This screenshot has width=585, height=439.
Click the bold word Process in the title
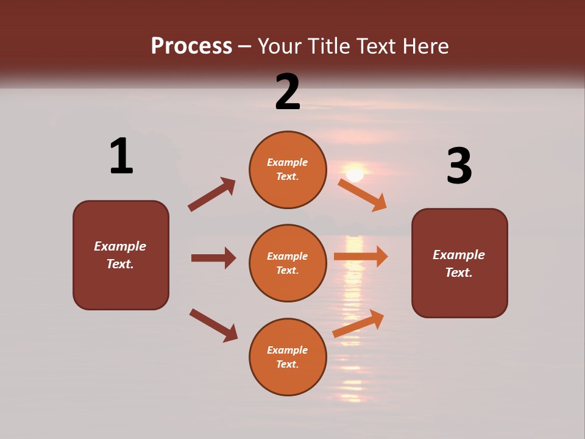click(x=191, y=46)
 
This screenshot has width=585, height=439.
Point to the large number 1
click(x=121, y=157)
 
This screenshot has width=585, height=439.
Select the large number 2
click(x=288, y=92)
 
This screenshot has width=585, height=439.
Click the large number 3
click(x=459, y=166)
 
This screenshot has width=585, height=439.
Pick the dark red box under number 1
click(x=121, y=255)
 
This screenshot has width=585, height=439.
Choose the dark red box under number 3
click(x=459, y=263)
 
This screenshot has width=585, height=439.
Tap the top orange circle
click(x=288, y=170)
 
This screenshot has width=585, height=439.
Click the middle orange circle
click(x=288, y=263)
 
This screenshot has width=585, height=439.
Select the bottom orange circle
click(x=288, y=357)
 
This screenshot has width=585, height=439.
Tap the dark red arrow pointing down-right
click(x=213, y=325)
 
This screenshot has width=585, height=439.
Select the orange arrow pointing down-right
click(x=363, y=195)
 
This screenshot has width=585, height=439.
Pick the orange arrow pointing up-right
click(x=358, y=323)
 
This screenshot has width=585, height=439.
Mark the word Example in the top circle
click(x=288, y=162)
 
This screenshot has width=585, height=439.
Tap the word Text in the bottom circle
click(x=286, y=364)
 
